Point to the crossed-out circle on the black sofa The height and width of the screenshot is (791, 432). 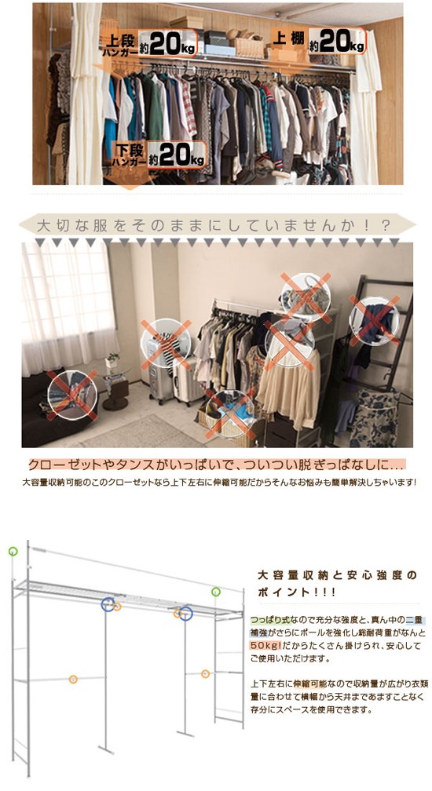[x=71, y=392]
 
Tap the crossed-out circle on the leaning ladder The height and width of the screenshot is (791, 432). [x=374, y=319]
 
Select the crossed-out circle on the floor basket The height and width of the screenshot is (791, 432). [x=229, y=412]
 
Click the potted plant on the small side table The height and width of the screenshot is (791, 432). [x=113, y=360]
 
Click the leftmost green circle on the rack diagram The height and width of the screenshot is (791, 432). [x=13, y=551]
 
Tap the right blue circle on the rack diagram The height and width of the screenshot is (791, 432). [x=186, y=613]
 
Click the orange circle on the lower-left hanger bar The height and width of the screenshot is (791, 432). [x=73, y=679]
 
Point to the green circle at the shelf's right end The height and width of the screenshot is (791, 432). [x=215, y=591]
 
